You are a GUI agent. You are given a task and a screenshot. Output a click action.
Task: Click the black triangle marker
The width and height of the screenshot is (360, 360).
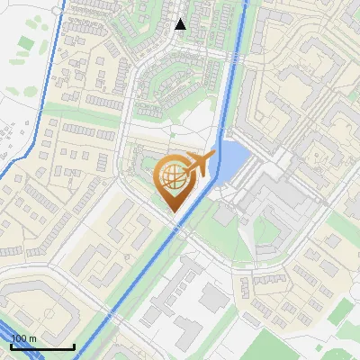[x=181, y=24]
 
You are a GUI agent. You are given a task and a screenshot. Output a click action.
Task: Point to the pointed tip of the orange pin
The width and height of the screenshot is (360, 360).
[x=174, y=212]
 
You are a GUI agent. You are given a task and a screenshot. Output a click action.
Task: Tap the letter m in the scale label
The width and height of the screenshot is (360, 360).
[x=33, y=337]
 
